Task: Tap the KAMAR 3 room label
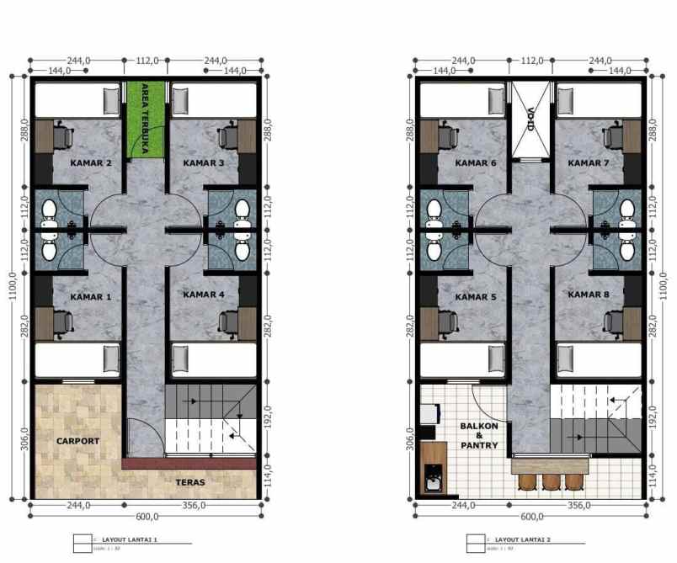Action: pyautogui.click(x=204, y=162)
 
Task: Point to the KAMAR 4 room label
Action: pyautogui.click(x=204, y=295)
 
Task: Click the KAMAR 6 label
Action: pyautogui.click(x=476, y=162)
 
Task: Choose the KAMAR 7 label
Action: pyautogui.click(x=589, y=162)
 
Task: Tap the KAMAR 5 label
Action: pyautogui.click(x=476, y=296)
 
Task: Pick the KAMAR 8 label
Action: pyautogui.click(x=589, y=295)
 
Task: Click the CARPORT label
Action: pyautogui.click(x=77, y=441)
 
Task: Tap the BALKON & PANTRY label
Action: pyautogui.click(x=478, y=435)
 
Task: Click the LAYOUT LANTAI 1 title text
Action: pyautogui.click(x=130, y=539)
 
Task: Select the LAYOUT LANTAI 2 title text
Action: pyautogui.click(x=522, y=539)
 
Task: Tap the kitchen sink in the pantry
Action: pyautogui.click(x=433, y=481)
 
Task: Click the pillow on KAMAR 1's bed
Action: pyautogui.click(x=110, y=359)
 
